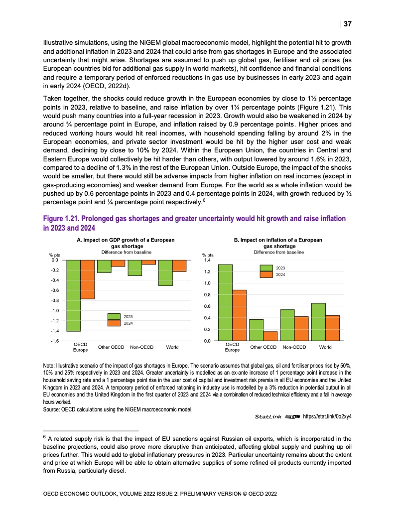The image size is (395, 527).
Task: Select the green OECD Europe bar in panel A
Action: [74, 295]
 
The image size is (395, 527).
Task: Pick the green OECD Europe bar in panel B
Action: [226, 302]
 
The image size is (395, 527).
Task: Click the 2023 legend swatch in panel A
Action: [115, 316]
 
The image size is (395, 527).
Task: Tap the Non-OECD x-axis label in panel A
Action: [141, 347]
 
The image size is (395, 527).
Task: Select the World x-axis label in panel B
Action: [325, 347]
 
